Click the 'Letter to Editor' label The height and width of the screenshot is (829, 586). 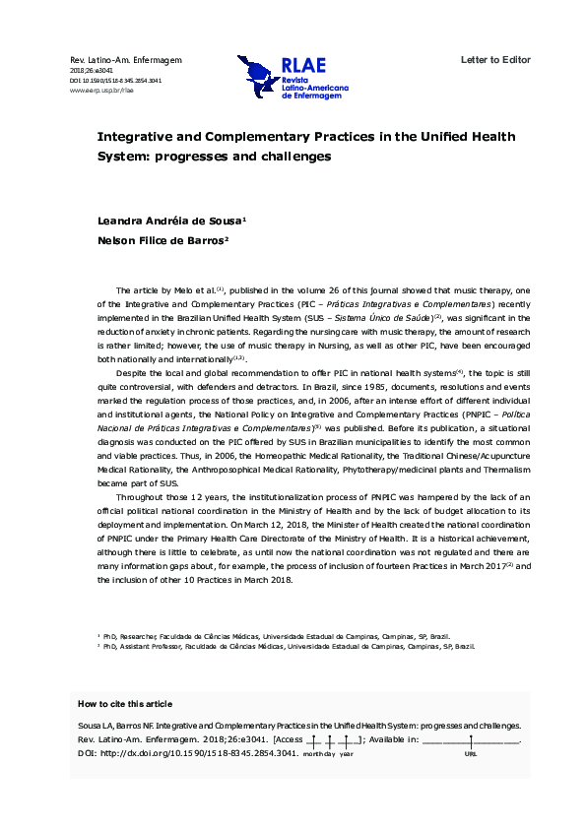click(x=495, y=60)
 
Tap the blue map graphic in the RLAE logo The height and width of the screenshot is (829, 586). click(x=257, y=76)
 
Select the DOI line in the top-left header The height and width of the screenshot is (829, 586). click(x=115, y=80)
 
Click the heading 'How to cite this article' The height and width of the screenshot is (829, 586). click(x=124, y=704)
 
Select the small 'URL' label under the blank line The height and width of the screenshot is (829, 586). click(x=470, y=752)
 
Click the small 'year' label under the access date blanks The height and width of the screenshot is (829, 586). click(x=347, y=752)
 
